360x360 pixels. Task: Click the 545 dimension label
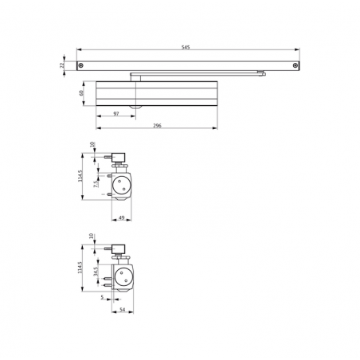(186, 48)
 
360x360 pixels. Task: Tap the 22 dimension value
(62, 65)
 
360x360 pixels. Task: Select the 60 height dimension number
(81, 93)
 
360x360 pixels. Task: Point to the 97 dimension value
(116, 114)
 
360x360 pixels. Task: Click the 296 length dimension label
(157, 126)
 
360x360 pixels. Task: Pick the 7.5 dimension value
(96, 183)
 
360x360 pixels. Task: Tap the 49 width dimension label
(121, 217)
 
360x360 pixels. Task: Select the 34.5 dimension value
(96, 272)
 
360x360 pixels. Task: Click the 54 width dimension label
(123, 310)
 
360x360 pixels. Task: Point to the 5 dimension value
(102, 298)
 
